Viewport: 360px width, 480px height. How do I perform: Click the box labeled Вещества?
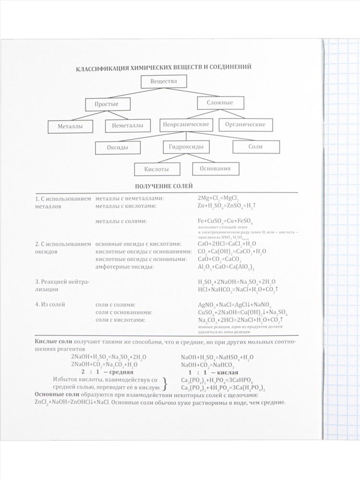click(x=163, y=82)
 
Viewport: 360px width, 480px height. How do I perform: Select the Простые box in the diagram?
click(x=107, y=104)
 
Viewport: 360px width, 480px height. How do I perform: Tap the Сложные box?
click(x=220, y=103)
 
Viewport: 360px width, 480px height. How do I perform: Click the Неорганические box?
click(x=186, y=124)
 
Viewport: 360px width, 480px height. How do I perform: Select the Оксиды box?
click(x=118, y=147)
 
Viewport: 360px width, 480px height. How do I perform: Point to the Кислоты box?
click(x=156, y=169)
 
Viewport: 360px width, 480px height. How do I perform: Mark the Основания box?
click(x=215, y=168)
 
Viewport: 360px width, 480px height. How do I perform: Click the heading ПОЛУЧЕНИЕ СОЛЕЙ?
click(x=164, y=186)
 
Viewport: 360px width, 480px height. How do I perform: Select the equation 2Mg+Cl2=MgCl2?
click(x=221, y=198)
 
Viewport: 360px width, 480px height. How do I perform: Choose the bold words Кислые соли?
click(x=53, y=341)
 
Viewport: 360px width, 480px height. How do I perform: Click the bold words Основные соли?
click(x=57, y=394)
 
